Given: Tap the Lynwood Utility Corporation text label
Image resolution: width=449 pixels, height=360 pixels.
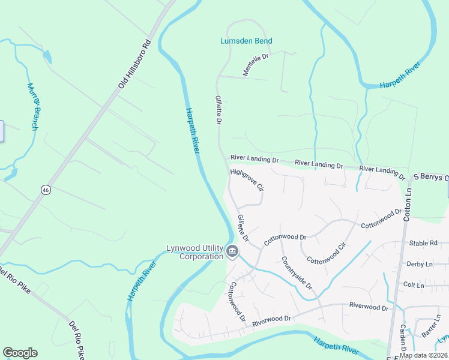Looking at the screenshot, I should [x=194, y=252].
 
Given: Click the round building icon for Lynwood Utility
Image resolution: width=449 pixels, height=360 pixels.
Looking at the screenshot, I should [x=232, y=251].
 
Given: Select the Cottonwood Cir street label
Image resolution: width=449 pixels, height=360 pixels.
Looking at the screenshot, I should [x=327, y=253].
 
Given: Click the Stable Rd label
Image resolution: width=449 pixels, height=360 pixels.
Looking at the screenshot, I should [x=423, y=243].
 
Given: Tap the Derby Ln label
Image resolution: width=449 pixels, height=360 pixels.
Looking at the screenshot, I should [x=420, y=264].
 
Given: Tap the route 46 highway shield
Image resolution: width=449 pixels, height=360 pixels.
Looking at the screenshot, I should [x=46, y=190].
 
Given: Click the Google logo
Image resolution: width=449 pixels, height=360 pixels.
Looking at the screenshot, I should [x=20, y=353].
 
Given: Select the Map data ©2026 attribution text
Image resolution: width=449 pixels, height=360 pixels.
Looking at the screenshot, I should [x=423, y=355].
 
